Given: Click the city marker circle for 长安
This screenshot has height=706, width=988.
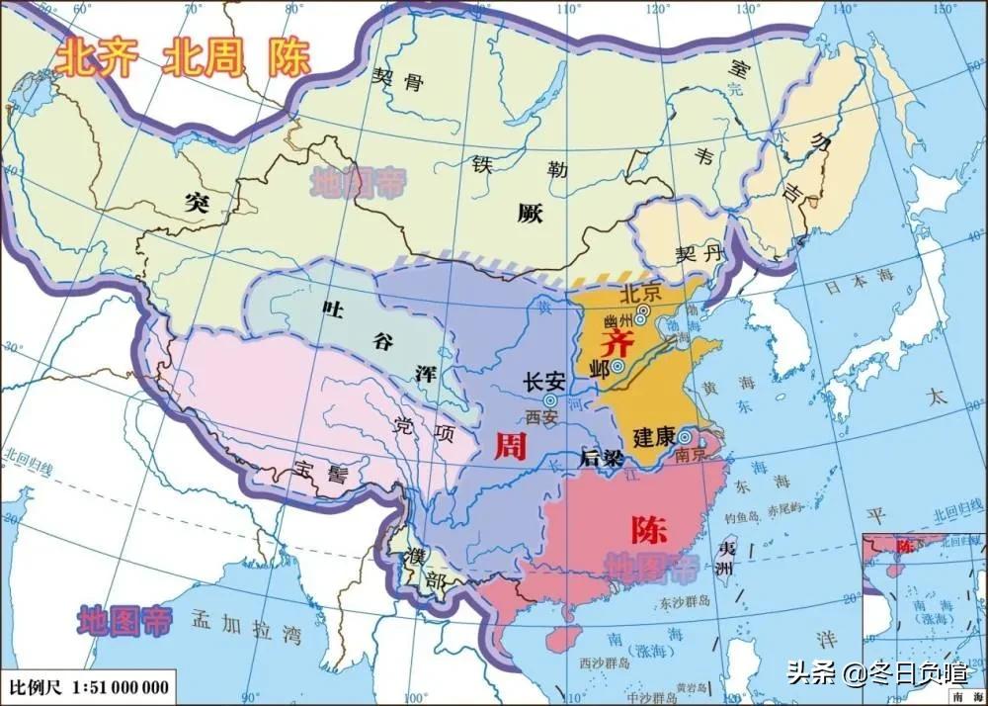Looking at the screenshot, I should pos(549,400).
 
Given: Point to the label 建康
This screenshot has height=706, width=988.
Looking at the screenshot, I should pos(653,436).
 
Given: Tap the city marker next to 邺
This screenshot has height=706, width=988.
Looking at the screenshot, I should pos(617,366).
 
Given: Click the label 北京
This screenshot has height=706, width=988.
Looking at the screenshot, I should pos(639,294).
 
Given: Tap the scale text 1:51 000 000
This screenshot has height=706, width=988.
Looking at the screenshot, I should pos(123,686).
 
